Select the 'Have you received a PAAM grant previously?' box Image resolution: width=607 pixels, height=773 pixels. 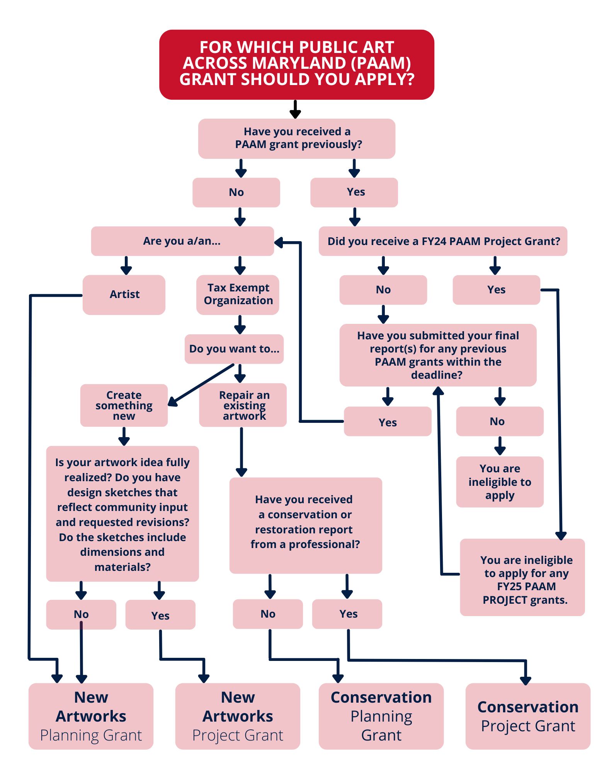pyautogui.click(x=296, y=138)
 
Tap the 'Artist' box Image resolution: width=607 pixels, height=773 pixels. pyautogui.click(x=124, y=295)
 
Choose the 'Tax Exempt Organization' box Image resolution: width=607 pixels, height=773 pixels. pyautogui.click(x=238, y=295)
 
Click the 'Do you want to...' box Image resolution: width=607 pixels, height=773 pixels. pyautogui.click(x=234, y=349)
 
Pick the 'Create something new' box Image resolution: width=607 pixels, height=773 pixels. pyautogui.click(x=124, y=405)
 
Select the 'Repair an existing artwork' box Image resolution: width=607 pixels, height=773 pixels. pyautogui.click(x=243, y=405)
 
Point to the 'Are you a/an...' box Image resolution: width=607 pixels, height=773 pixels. pyautogui.click(x=182, y=241)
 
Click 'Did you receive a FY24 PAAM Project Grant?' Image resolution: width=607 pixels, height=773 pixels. pyautogui.click(x=443, y=241)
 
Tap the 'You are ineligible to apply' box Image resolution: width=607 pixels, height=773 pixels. pyautogui.click(x=500, y=482)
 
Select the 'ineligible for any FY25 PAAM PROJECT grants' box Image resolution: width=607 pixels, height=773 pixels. pyautogui.click(x=522, y=577)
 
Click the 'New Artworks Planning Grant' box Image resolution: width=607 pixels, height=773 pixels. pyautogui.click(x=91, y=716)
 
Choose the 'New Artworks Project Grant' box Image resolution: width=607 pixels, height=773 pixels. pyautogui.click(x=238, y=716)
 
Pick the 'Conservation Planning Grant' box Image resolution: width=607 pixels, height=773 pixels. pyautogui.click(x=381, y=716)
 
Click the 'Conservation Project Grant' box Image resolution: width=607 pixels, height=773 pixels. pyautogui.click(x=528, y=716)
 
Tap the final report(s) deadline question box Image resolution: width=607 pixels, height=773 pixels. pyautogui.click(x=438, y=355)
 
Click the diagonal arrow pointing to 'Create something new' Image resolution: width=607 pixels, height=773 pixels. pyautogui.click(x=201, y=384)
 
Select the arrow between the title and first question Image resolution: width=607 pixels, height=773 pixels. pyautogui.click(x=295, y=109)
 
